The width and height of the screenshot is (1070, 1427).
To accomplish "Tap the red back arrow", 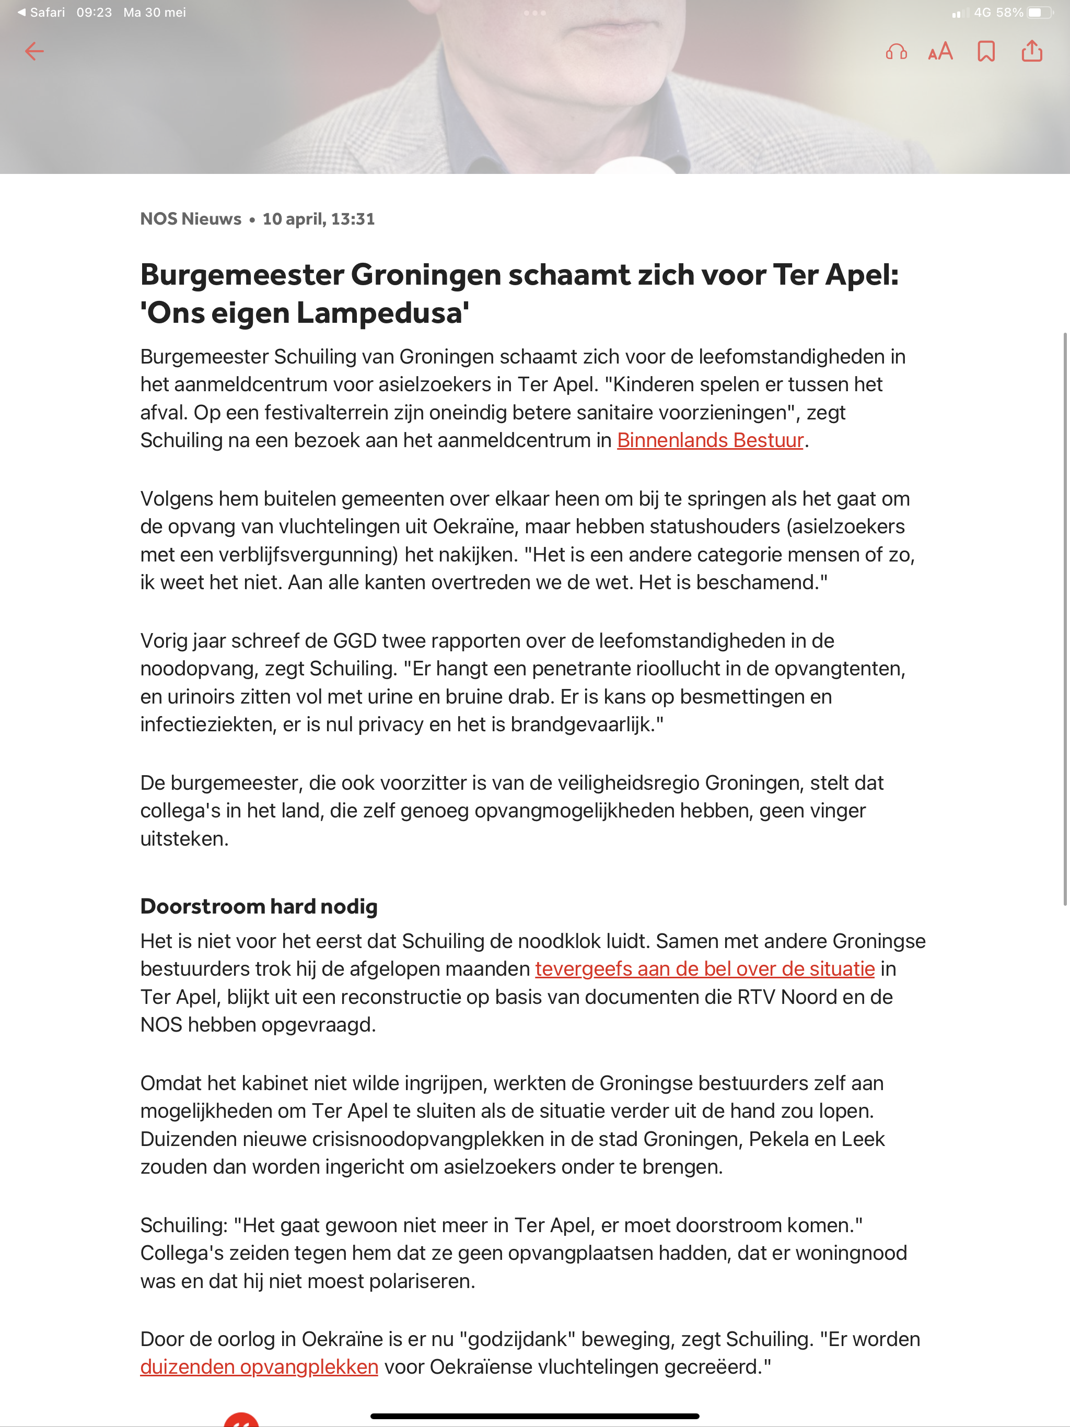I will click(34, 51).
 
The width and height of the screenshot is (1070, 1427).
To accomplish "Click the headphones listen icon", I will click(895, 51).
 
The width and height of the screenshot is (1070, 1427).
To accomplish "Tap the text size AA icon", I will click(940, 51).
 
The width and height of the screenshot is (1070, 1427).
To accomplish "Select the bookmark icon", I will click(985, 51).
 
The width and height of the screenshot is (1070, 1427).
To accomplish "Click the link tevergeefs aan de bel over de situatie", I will click(704, 968).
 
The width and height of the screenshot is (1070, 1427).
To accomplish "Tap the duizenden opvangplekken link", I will click(259, 1366).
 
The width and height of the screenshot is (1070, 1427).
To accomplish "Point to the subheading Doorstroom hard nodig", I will click(259, 906).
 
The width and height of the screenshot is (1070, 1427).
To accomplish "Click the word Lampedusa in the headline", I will click(382, 313).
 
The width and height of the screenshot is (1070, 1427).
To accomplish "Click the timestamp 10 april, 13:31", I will click(318, 219).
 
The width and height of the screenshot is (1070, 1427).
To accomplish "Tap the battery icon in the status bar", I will click(1039, 12).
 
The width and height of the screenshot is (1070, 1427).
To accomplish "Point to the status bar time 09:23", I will click(94, 12).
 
